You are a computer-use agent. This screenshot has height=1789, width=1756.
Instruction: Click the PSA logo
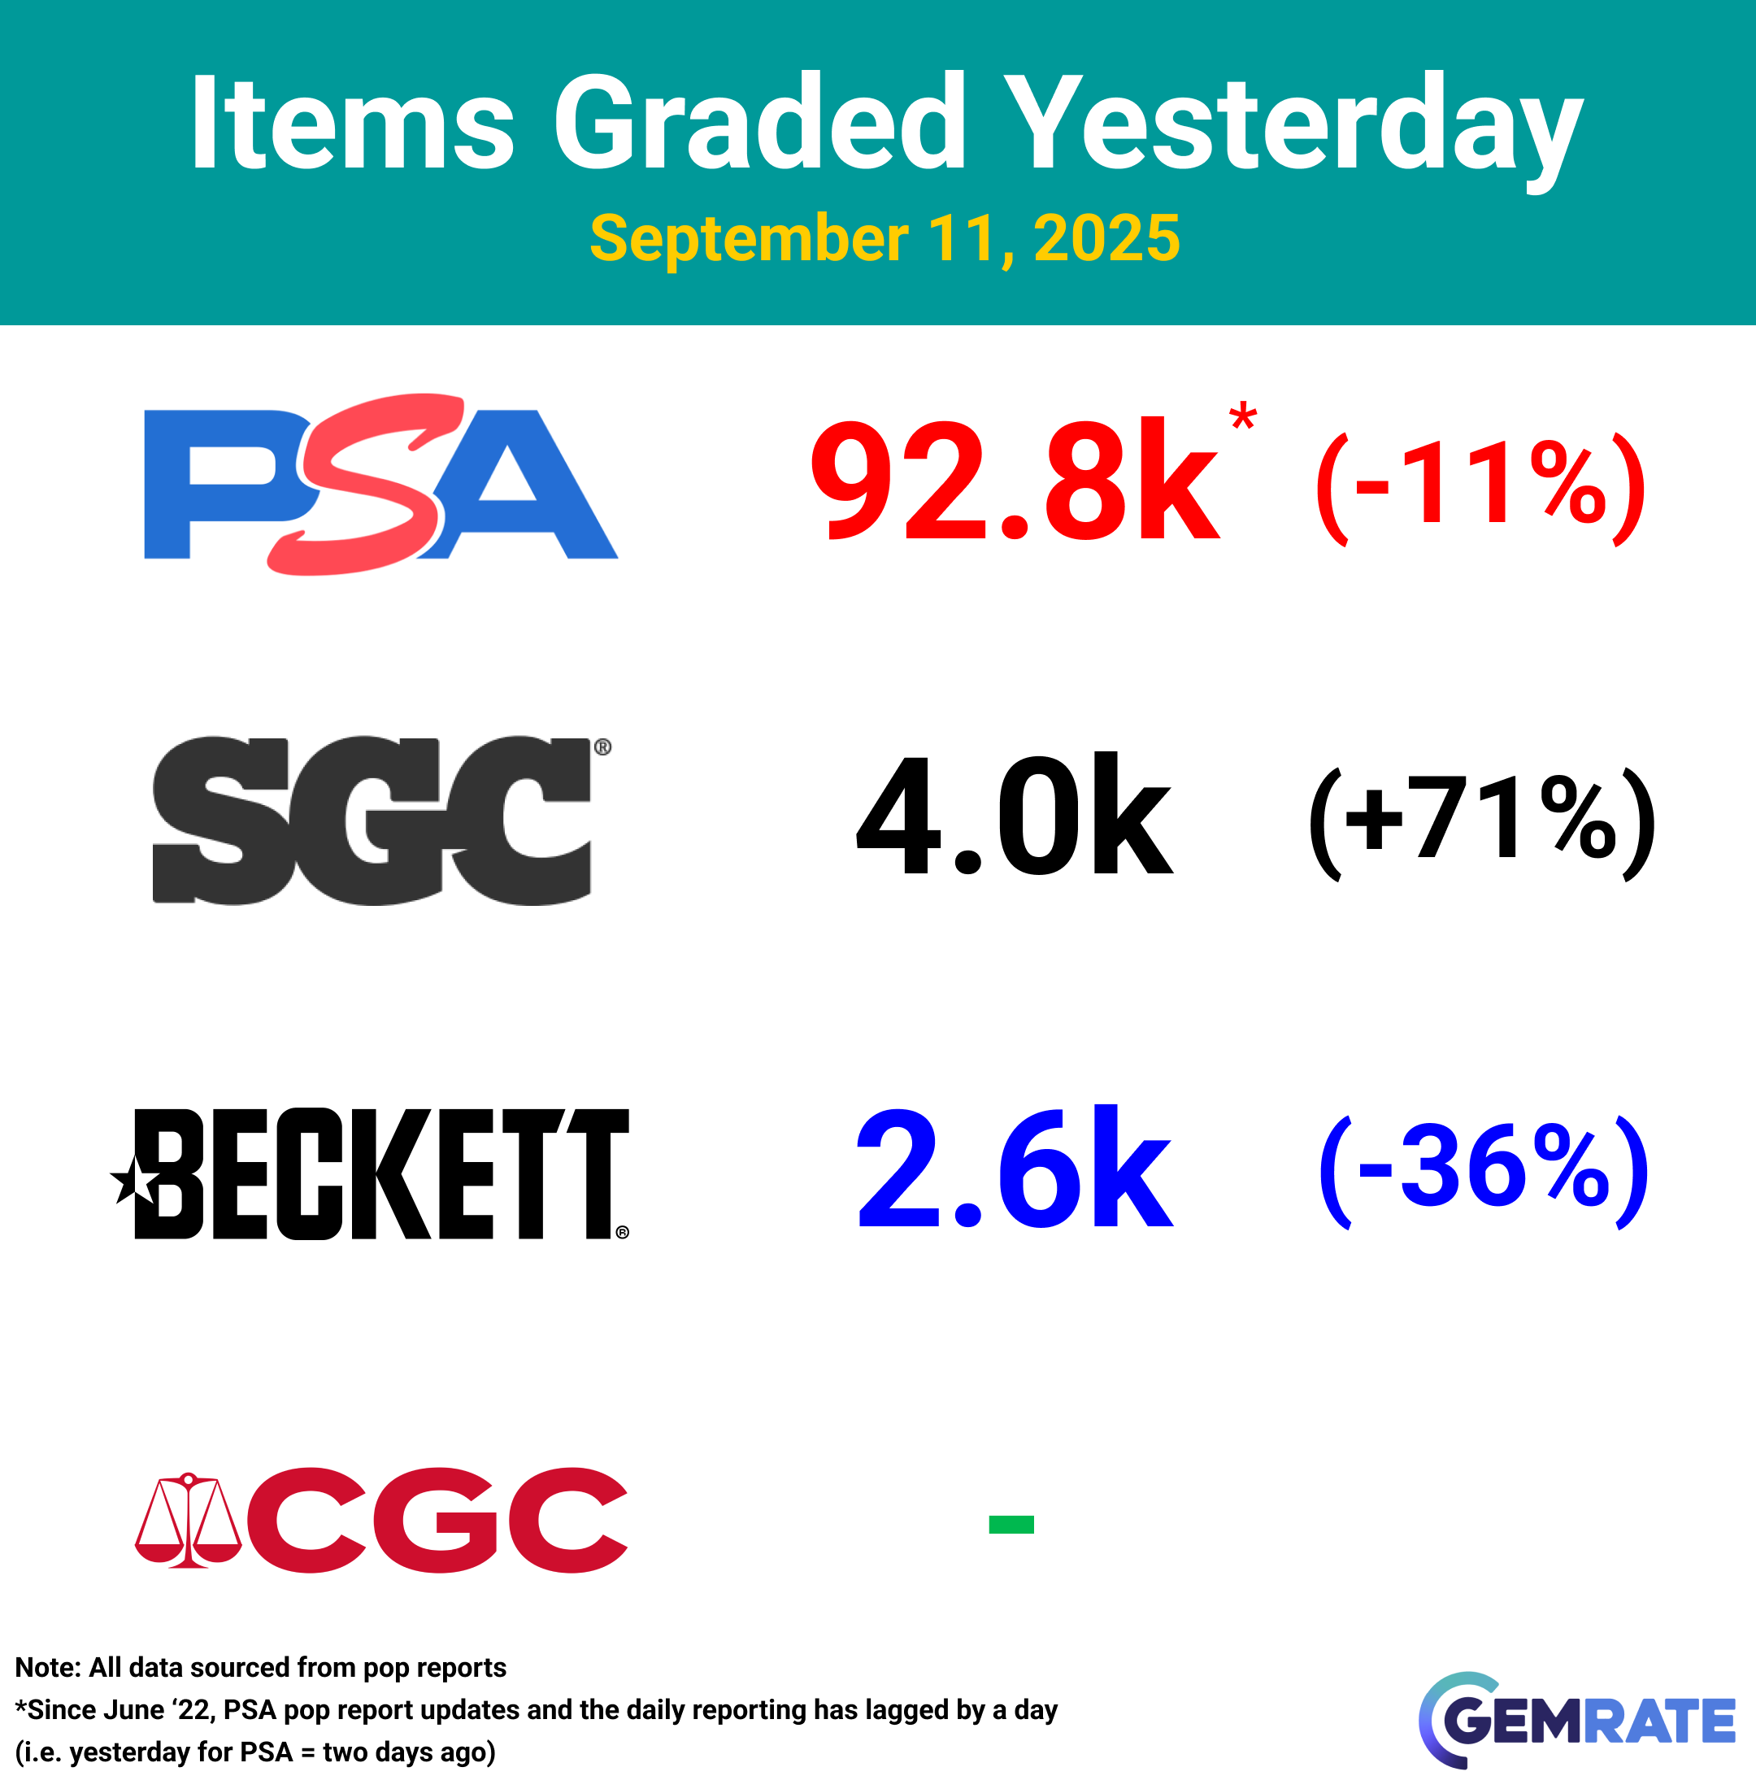tap(381, 485)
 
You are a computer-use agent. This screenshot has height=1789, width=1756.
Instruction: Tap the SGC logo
tap(382, 821)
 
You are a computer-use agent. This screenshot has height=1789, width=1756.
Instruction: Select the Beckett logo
tap(370, 1173)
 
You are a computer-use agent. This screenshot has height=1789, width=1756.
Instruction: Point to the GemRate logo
tap(1576, 1719)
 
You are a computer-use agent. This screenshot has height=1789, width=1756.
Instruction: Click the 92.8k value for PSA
tap(1015, 481)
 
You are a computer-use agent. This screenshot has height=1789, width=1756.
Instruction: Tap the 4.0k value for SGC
tap(1015, 814)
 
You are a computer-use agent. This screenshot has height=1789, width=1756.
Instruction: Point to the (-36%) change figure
tap(1484, 1169)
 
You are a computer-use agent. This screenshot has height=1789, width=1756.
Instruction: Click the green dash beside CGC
tap(1011, 1524)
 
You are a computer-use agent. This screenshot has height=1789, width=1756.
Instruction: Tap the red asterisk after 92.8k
tap(1243, 416)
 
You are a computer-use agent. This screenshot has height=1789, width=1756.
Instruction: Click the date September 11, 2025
tap(885, 239)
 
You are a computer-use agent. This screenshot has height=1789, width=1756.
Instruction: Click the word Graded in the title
tap(759, 122)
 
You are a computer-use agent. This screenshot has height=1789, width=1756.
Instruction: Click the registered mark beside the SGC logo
tap(602, 747)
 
